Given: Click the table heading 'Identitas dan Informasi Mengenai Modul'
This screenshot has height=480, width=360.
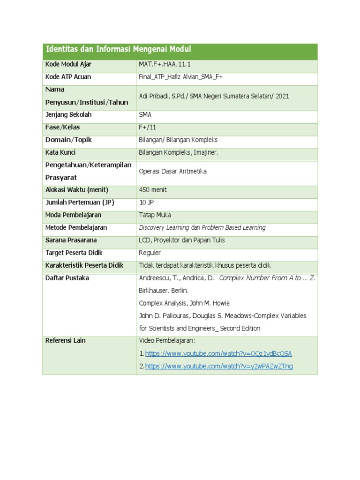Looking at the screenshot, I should (x=118, y=50).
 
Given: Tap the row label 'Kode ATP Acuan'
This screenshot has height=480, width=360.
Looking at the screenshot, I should (x=68, y=77).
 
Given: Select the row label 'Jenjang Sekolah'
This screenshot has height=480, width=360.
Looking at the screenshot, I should (x=68, y=114).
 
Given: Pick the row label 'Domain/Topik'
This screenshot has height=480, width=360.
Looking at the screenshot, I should (x=68, y=140).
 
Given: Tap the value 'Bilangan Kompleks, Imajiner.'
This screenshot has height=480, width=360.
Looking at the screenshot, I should (x=179, y=152).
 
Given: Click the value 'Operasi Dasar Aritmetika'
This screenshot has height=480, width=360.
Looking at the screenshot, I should (x=173, y=172).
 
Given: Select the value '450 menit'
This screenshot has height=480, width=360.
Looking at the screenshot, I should (x=153, y=190).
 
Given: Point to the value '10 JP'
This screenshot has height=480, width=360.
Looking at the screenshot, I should (x=146, y=202).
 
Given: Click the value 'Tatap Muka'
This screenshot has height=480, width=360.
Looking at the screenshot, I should (x=155, y=215).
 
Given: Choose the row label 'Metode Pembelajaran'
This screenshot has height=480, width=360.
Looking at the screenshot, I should (x=76, y=227).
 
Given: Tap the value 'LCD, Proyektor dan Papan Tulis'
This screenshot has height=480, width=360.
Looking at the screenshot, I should (x=182, y=240).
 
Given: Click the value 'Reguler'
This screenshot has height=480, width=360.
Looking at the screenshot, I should (x=150, y=253).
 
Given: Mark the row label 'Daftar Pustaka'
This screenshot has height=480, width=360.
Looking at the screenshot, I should (x=67, y=278).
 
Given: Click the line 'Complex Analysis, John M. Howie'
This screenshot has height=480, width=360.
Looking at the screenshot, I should (x=184, y=303).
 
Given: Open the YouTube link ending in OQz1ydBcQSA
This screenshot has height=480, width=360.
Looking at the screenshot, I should (x=218, y=353).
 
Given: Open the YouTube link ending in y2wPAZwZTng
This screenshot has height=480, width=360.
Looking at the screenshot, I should (x=219, y=366).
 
